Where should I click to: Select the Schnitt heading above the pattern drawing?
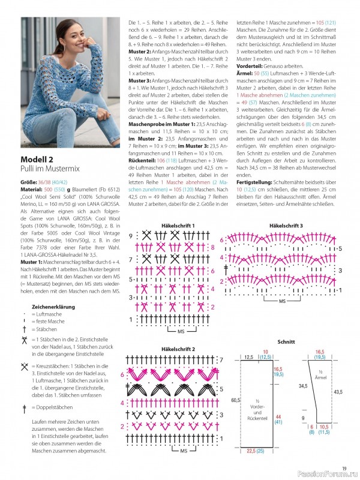tap(286, 341)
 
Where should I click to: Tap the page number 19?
tap(344, 469)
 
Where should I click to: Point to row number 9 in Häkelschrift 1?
tap(130, 236)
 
